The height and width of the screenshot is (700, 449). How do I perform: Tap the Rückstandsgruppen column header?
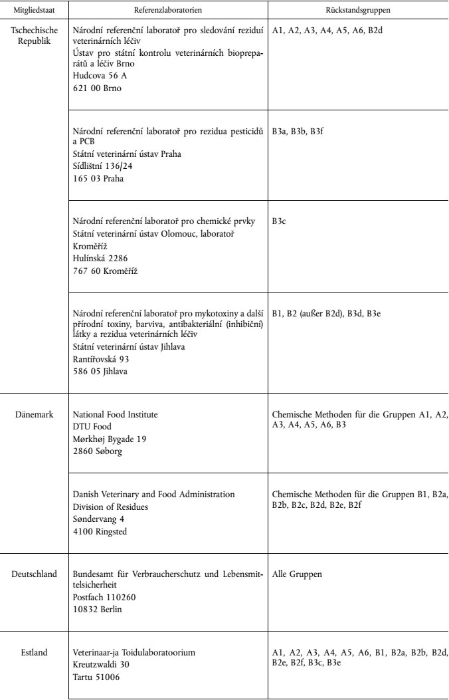pyautogui.click(x=359, y=11)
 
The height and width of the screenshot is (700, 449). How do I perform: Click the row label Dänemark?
pyautogui.click(x=33, y=415)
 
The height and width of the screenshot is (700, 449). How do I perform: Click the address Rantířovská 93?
pyautogui.click(x=104, y=360)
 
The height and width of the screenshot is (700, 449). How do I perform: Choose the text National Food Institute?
pyautogui.click(x=115, y=415)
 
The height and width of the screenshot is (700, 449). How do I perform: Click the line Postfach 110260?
pyautogui.click(x=104, y=596)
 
